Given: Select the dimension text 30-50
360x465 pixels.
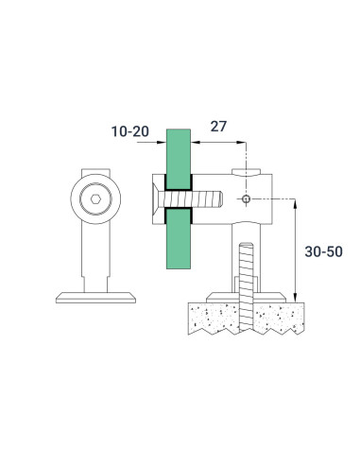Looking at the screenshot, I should pyautogui.click(x=324, y=252).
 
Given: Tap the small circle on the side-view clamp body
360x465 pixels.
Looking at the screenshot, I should pyautogui.click(x=246, y=200).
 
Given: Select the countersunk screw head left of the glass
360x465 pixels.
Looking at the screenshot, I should pyautogui.click(x=157, y=200).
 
